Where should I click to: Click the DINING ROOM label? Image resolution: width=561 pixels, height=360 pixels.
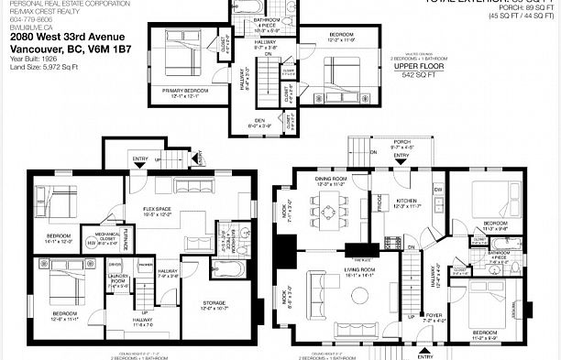331,180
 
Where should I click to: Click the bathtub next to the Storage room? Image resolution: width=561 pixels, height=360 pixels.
225,268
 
